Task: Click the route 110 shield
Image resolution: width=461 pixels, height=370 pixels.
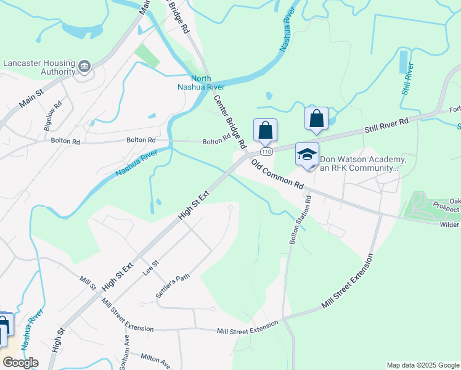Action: (x=266, y=151)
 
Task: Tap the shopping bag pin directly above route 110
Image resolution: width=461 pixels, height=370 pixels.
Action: (x=265, y=130)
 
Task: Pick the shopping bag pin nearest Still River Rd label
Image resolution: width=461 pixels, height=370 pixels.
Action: (x=316, y=118)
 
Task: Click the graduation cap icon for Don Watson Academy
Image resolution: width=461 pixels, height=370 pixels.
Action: (x=307, y=155)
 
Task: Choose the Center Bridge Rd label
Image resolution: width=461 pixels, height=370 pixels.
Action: (x=230, y=121)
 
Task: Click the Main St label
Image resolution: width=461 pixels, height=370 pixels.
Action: (x=30, y=99)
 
